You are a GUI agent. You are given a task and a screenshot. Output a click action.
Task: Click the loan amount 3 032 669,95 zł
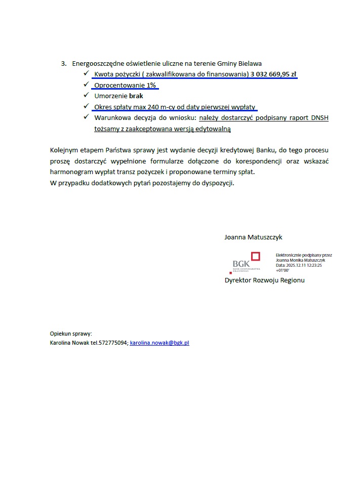tap(273, 74)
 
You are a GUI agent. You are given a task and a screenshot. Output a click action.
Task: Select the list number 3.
tap(63, 64)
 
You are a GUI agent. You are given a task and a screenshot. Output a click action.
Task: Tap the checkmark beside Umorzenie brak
tap(86, 95)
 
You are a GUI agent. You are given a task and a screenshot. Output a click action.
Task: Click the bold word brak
tap(136, 96)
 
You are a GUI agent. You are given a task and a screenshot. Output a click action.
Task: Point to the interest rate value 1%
tap(151, 85)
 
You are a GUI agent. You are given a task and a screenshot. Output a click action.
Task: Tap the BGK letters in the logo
tap(241, 264)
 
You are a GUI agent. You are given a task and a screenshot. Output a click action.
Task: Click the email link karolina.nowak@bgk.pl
tap(159, 343)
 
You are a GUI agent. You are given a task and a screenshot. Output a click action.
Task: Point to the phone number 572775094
tap(113, 343)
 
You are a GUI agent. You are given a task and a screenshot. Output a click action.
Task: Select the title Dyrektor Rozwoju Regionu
tap(264, 280)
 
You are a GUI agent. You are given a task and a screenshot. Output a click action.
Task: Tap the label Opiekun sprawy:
tap(71, 334)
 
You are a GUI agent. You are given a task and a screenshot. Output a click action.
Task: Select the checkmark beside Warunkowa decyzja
tap(86, 117)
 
